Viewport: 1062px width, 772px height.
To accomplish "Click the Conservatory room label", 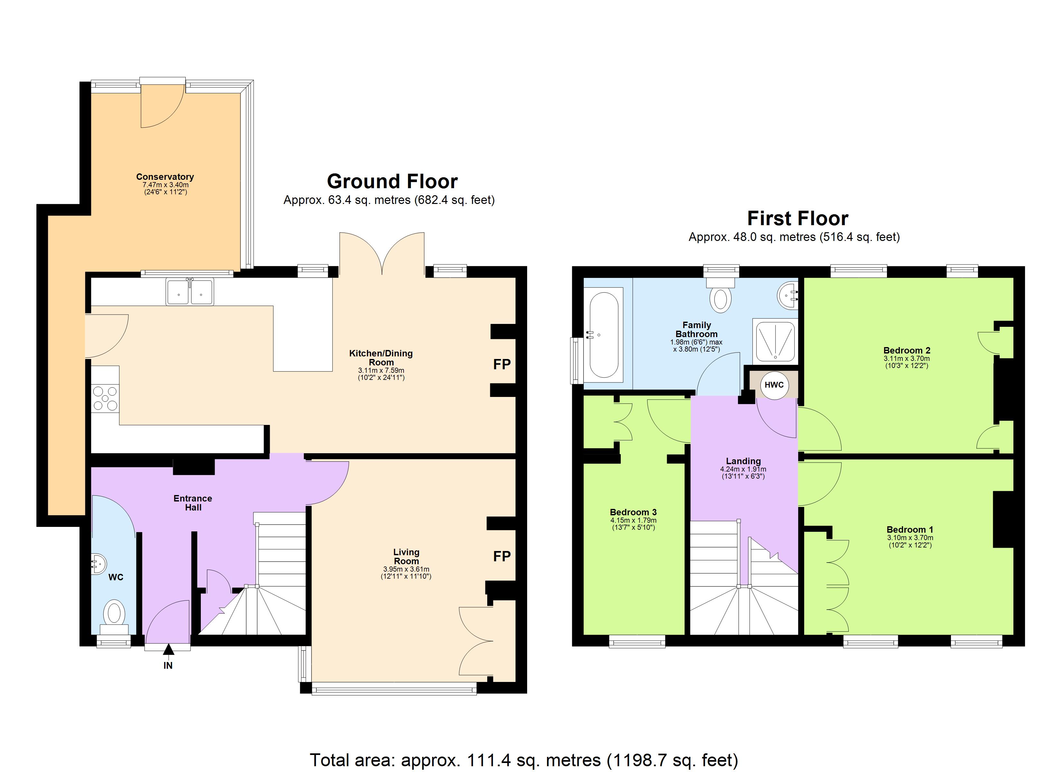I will pyautogui.click(x=165, y=177).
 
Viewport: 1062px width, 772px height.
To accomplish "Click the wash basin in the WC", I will pyautogui.click(x=99, y=563).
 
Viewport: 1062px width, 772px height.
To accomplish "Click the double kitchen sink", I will pyautogui.click(x=190, y=292).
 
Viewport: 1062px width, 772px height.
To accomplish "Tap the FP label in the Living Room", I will pyautogui.click(x=501, y=556).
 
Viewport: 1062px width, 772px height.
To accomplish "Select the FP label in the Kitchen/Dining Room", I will pyautogui.click(x=501, y=364).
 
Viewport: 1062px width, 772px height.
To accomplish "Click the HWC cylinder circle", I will pyautogui.click(x=774, y=385).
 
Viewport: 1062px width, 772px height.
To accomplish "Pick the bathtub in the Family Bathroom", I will pyautogui.click(x=604, y=335).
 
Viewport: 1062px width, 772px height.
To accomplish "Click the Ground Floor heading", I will pyautogui.click(x=392, y=181).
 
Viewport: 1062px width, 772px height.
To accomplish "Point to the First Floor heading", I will pyautogui.click(x=797, y=218).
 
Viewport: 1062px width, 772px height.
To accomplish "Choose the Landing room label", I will pyautogui.click(x=743, y=461).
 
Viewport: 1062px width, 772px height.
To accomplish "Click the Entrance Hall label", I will pyautogui.click(x=192, y=503).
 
